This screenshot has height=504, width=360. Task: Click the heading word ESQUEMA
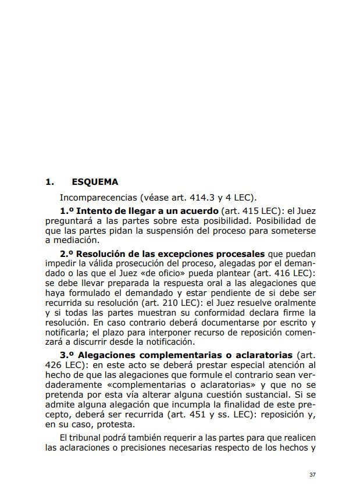click(95, 182)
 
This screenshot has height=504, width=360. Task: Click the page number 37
click(312, 475)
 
